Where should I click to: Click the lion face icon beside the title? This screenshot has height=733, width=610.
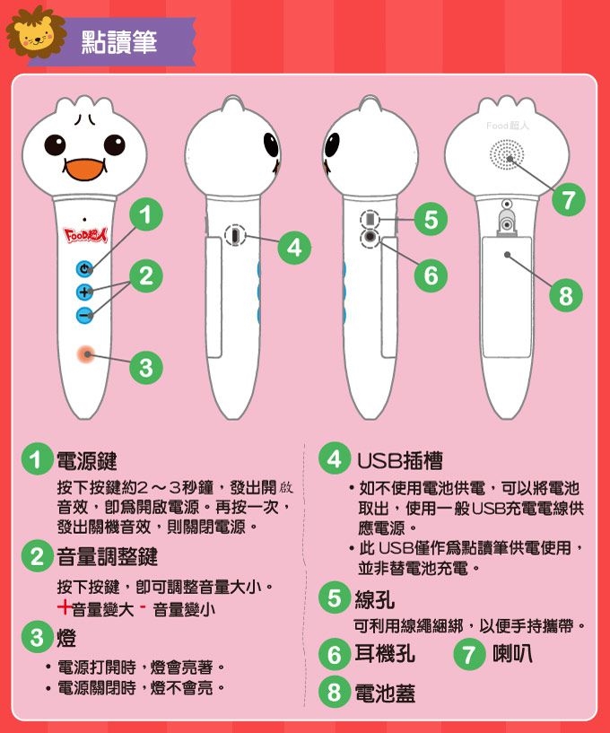pyautogui.click(x=36, y=35)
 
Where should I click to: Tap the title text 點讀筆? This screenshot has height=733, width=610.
pyautogui.click(x=119, y=42)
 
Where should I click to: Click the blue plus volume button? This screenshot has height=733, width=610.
pyautogui.click(x=84, y=292)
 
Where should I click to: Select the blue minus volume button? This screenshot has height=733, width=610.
pyautogui.click(x=84, y=315)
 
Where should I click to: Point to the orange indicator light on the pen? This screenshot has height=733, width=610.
pyautogui.click(x=86, y=354)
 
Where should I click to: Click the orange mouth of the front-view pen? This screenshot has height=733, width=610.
pyautogui.click(x=84, y=170)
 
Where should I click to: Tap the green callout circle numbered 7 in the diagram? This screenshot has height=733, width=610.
pyautogui.click(x=568, y=199)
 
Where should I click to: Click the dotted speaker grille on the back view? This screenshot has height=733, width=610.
pyautogui.click(x=507, y=155)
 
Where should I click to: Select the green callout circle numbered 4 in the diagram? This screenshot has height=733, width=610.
pyautogui.click(x=294, y=248)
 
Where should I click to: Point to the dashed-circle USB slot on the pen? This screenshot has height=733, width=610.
pyautogui.click(x=235, y=235)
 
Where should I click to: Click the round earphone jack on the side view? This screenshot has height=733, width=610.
pyautogui.click(x=370, y=237)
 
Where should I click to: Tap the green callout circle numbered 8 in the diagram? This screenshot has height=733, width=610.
pyautogui.click(x=565, y=295)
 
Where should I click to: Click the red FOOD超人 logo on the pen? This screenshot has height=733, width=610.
pyautogui.click(x=85, y=235)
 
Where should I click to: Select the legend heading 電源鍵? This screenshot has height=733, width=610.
pyautogui.click(x=86, y=461)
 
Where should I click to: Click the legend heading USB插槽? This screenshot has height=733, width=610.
pyautogui.click(x=400, y=461)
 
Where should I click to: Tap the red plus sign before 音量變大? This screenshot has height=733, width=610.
pyautogui.click(x=64, y=607)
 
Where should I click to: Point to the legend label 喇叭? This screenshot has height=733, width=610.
pyautogui.click(x=513, y=653)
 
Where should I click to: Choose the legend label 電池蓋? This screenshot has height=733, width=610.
pyautogui.click(x=385, y=693)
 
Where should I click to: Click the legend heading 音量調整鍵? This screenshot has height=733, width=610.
pyautogui.click(x=107, y=557)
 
